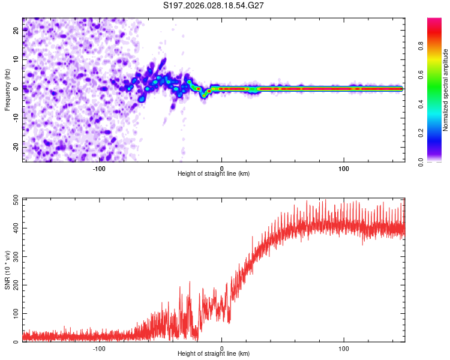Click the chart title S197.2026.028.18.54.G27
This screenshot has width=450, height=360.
click(x=214, y=5)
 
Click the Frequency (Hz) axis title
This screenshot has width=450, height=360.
click(x=7, y=89)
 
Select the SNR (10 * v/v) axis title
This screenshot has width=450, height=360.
click(x=7, y=270)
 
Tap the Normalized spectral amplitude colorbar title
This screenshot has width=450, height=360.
click(x=446, y=89)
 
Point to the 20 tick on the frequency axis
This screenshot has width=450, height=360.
click(x=16, y=31)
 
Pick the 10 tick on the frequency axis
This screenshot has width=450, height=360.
click(x=16, y=60)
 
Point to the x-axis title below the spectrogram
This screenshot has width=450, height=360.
click(x=214, y=174)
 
